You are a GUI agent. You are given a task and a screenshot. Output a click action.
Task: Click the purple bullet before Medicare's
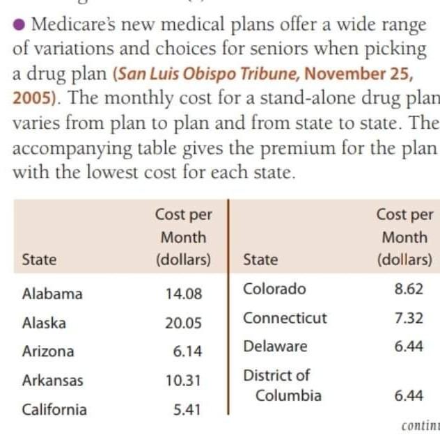click(19, 24)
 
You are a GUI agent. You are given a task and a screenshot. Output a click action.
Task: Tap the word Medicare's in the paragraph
click(73, 24)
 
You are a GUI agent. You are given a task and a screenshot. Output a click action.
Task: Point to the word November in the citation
click(345, 74)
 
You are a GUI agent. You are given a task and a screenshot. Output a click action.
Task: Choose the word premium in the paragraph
click(298, 148)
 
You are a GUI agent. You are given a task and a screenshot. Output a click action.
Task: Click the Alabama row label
click(52, 294)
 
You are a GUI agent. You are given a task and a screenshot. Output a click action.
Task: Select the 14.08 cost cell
click(184, 294)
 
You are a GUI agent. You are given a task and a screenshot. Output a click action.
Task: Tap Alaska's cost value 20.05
click(183, 323)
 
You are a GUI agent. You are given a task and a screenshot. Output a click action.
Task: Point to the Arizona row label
click(48, 351)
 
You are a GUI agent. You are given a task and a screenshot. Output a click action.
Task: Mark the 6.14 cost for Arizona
click(187, 351)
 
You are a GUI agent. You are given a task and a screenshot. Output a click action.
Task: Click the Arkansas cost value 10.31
click(183, 381)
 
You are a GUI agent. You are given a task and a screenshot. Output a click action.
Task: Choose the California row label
click(54, 409)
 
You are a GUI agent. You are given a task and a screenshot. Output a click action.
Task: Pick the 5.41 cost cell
click(187, 410)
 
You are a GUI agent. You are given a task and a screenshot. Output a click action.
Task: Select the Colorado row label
click(274, 289)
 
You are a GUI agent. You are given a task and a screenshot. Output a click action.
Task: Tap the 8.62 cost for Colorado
click(409, 289)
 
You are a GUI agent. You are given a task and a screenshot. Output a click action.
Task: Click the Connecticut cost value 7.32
click(409, 318)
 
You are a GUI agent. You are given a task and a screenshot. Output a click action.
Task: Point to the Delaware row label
click(275, 347)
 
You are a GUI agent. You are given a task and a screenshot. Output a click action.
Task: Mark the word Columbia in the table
click(288, 395)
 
